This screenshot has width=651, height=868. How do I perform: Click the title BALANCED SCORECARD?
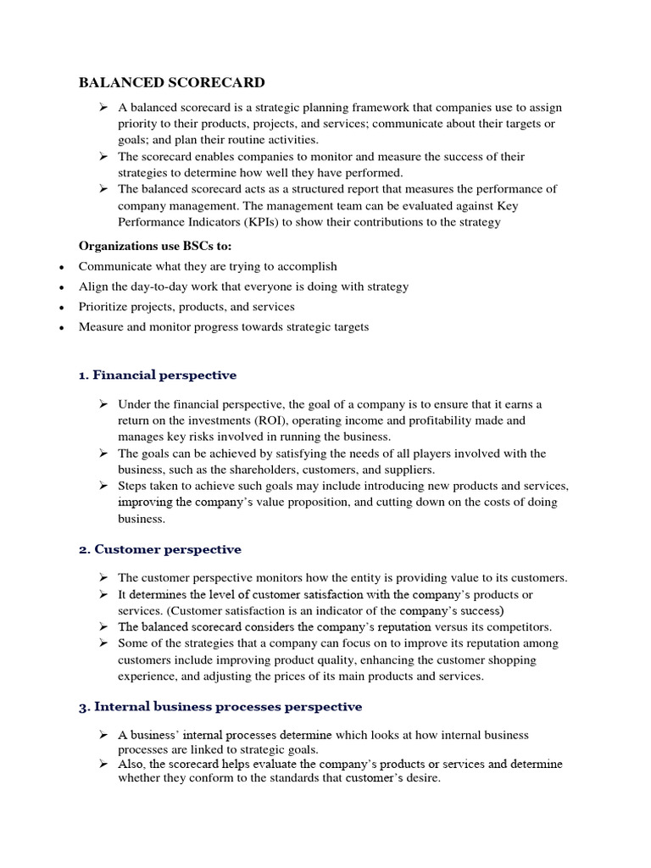tap(171, 82)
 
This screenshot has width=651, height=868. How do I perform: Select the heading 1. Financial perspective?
tap(157, 375)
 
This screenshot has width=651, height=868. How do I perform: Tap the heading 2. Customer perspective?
tap(159, 549)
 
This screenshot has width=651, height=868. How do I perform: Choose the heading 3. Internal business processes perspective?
tap(220, 706)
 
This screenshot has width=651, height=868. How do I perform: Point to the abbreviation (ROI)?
tap(270, 420)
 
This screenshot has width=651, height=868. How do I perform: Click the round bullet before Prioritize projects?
tap(60, 308)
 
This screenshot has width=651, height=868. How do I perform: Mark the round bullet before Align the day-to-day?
tap(60, 287)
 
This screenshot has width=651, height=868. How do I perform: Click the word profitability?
tap(471, 420)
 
